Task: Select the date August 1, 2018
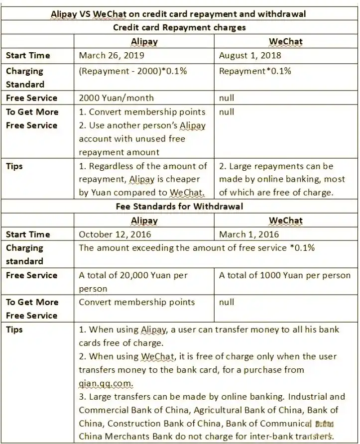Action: tap(250, 56)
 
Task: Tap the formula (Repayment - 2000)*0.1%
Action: tap(133, 71)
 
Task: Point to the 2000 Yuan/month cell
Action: tap(117, 98)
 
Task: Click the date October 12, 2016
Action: tap(115, 234)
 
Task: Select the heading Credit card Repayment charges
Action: tap(179, 27)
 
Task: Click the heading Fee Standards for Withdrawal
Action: tap(179, 206)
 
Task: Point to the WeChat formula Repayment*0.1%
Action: tap(255, 71)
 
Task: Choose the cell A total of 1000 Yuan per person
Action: tap(285, 275)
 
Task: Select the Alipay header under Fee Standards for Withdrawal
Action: tap(144, 220)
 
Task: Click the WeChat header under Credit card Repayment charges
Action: tap(286, 42)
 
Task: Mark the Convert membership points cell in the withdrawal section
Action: tap(137, 302)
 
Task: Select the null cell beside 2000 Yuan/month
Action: tap(227, 98)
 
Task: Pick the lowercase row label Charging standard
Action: tap(25, 254)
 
